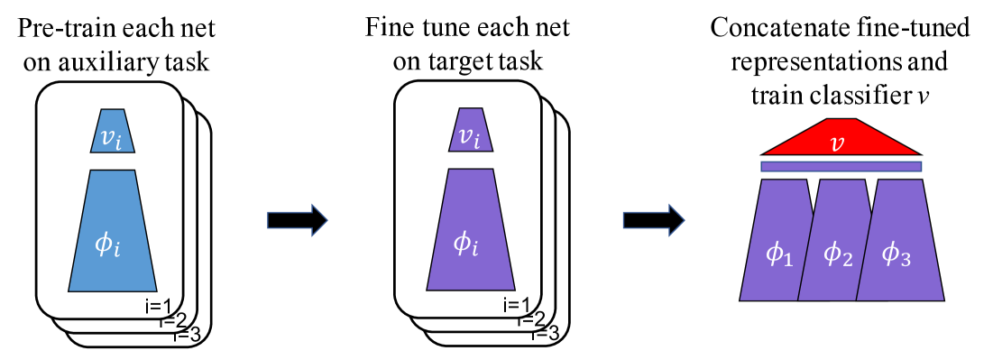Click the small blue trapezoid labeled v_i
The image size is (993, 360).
[113, 131]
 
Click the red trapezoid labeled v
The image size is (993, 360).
[841, 140]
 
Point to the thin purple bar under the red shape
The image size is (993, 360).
[841, 166]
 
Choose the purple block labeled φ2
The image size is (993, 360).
[835, 244]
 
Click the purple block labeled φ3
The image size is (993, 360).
[898, 244]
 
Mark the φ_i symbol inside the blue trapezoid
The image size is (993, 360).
[107, 244]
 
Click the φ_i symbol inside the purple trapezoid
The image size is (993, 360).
[465, 243]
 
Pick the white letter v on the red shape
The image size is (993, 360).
[838, 143]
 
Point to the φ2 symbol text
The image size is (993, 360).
[837, 255]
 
